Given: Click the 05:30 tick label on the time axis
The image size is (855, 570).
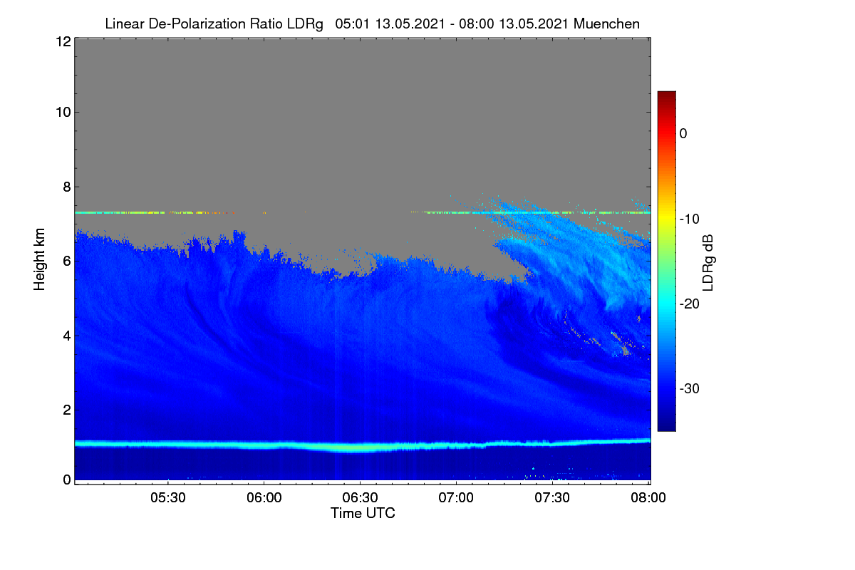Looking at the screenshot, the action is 168,498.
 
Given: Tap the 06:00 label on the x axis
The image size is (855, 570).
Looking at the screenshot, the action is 264,498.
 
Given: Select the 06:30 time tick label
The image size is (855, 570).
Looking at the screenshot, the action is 360,498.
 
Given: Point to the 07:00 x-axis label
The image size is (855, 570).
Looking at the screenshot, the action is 456,498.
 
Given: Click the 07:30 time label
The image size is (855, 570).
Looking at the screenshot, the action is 552,498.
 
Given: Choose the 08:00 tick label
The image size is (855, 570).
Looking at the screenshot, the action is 648,498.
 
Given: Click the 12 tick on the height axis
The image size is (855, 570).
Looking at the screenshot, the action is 63,41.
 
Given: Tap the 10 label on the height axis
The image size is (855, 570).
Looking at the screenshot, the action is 63,113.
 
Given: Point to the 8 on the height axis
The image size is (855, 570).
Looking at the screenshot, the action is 67,187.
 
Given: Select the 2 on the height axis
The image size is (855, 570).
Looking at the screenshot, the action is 67,410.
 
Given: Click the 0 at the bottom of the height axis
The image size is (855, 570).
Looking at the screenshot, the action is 67,480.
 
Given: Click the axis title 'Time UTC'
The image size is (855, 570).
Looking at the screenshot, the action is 363,514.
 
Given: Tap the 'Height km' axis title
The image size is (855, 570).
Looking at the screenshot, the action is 39,259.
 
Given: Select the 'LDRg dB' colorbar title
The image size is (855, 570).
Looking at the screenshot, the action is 708,263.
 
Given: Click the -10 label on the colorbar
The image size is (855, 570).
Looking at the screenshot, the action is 690,219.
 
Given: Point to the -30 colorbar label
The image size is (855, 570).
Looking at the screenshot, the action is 690,388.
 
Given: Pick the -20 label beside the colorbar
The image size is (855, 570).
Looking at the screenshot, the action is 690,304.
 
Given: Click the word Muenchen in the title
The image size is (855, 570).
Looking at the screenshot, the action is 606,24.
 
